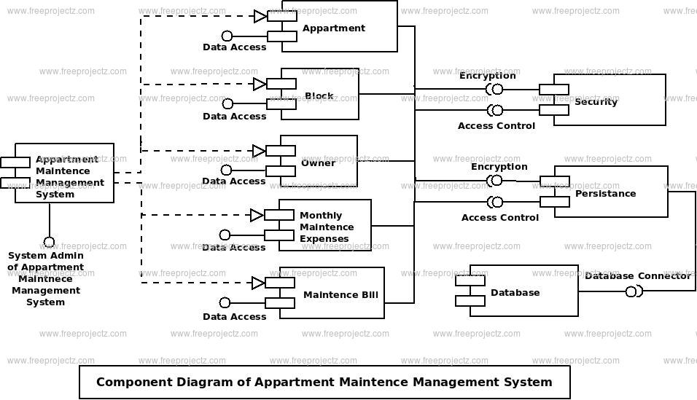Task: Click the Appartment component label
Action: (x=334, y=28)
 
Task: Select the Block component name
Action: (x=319, y=96)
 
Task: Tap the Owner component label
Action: (x=319, y=162)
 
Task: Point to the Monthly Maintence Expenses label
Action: (x=327, y=227)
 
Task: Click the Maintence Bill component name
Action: (x=341, y=294)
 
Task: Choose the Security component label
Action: (x=596, y=102)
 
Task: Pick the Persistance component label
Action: (x=605, y=193)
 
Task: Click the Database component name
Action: (x=515, y=292)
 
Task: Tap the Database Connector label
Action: (x=638, y=276)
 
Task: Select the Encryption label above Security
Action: (x=488, y=76)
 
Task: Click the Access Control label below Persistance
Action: (x=500, y=217)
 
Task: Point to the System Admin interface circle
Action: (x=49, y=243)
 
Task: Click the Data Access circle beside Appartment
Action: (x=227, y=36)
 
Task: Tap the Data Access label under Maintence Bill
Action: (x=234, y=316)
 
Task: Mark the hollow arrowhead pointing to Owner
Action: (x=259, y=151)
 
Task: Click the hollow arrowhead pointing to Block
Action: (x=260, y=84)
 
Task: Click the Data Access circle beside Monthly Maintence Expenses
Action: (x=225, y=235)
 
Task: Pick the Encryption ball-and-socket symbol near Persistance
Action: (x=495, y=181)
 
